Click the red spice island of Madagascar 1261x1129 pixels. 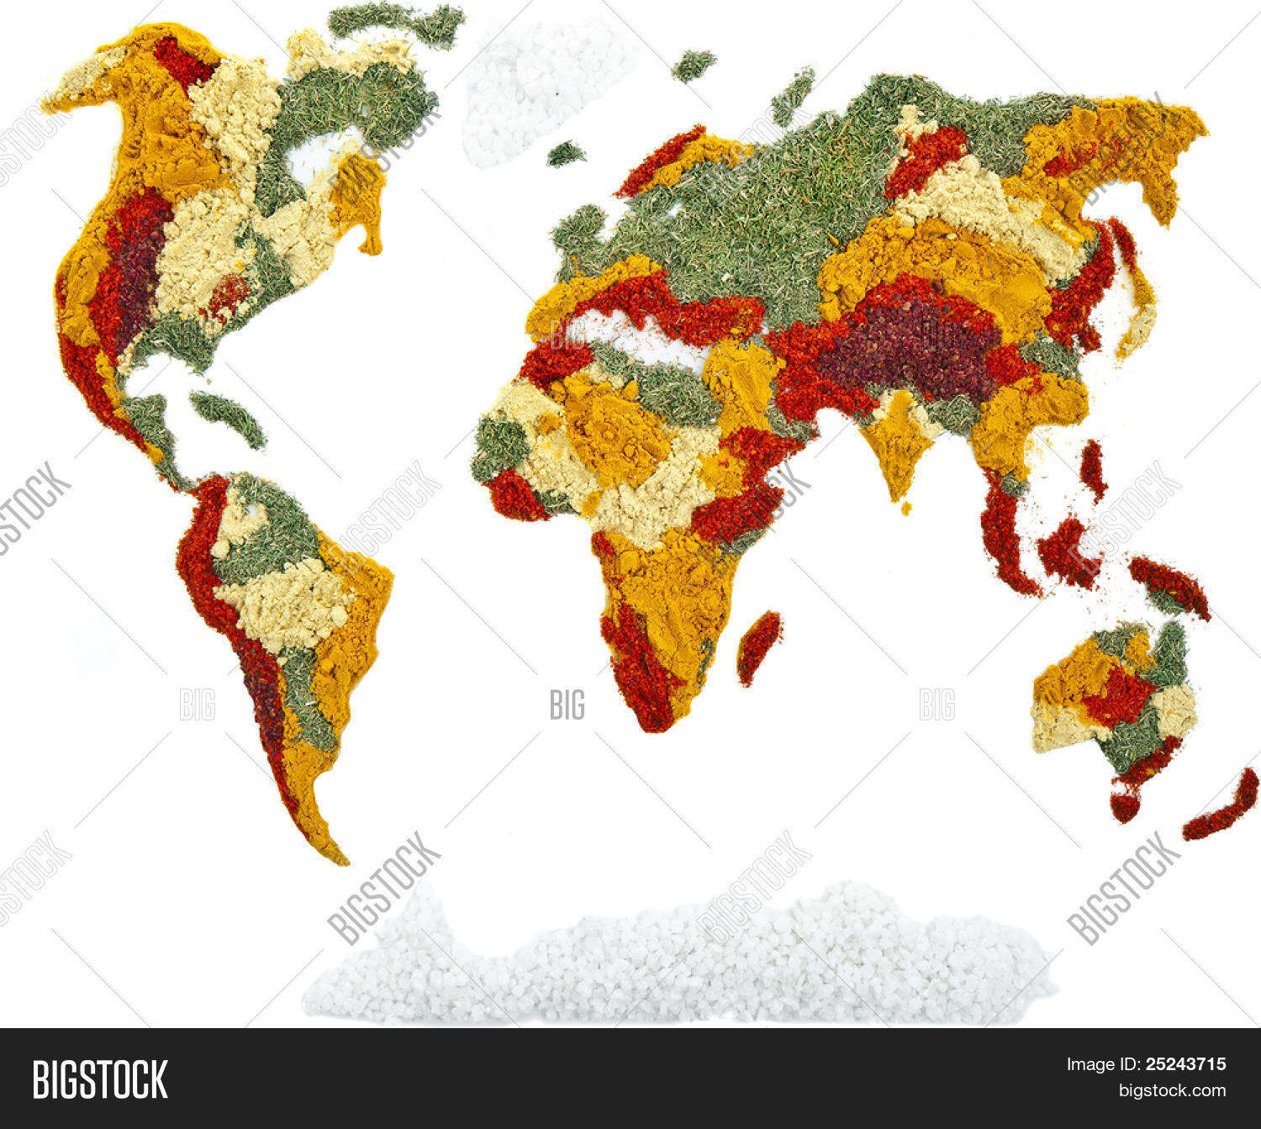tap(758, 645)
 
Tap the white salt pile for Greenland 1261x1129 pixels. tap(538, 84)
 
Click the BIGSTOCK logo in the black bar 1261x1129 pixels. tap(99, 1079)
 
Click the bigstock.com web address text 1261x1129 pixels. tap(1171, 1090)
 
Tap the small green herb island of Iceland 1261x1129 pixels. tap(566, 153)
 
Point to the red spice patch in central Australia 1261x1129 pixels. tap(1118, 694)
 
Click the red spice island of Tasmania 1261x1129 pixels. tap(1124, 805)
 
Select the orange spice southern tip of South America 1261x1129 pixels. tap(319, 824)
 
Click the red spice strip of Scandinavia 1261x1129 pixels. tap(660, 160)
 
